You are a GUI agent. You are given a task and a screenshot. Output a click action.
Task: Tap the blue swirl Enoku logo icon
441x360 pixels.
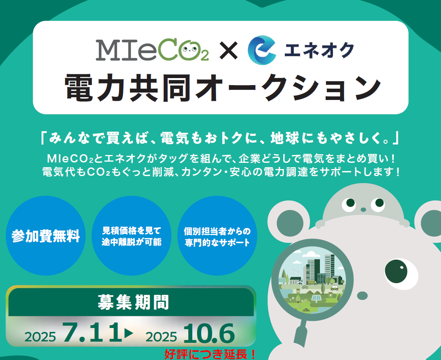261,50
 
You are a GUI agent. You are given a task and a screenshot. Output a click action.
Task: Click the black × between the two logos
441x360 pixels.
229,51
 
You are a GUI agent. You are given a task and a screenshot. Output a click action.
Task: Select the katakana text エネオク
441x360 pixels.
319,50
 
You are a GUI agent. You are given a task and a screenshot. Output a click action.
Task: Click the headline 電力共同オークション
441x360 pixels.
222,87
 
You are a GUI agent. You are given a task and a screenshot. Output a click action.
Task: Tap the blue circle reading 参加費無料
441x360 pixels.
46,235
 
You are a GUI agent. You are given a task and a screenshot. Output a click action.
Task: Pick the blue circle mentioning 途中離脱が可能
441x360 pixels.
131,235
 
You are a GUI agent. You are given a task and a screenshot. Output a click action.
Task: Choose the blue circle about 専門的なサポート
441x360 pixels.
217,235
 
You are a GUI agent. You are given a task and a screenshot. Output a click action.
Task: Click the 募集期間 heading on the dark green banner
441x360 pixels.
133,302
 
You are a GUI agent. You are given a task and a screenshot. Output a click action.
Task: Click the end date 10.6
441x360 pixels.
209,333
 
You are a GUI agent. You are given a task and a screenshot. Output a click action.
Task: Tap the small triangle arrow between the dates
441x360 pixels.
129,333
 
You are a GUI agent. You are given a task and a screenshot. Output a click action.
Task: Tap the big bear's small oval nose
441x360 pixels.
362,296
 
